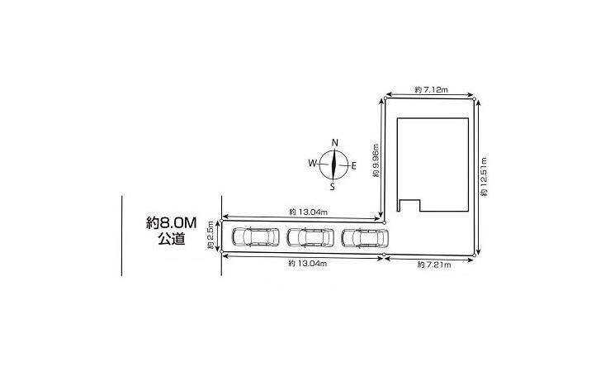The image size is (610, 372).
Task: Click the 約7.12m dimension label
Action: click(x=431, y=90)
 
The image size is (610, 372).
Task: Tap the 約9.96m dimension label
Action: click(x=376, y=160)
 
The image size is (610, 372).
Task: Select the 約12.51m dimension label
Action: click(x=484, y=176)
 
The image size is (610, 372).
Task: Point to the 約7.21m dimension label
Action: click(x=434, y=265)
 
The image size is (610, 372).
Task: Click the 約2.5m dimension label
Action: click(x=210, y=236)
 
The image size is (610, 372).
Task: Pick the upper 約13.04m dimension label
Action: click(x=309, y=212)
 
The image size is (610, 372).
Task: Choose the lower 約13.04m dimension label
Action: click(x=308, y=264)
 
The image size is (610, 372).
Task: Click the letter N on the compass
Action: click(x=334, y=142)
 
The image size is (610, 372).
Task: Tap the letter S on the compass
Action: click(x=332, y=187)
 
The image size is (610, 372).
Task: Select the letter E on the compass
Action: click(x=353, y=166)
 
